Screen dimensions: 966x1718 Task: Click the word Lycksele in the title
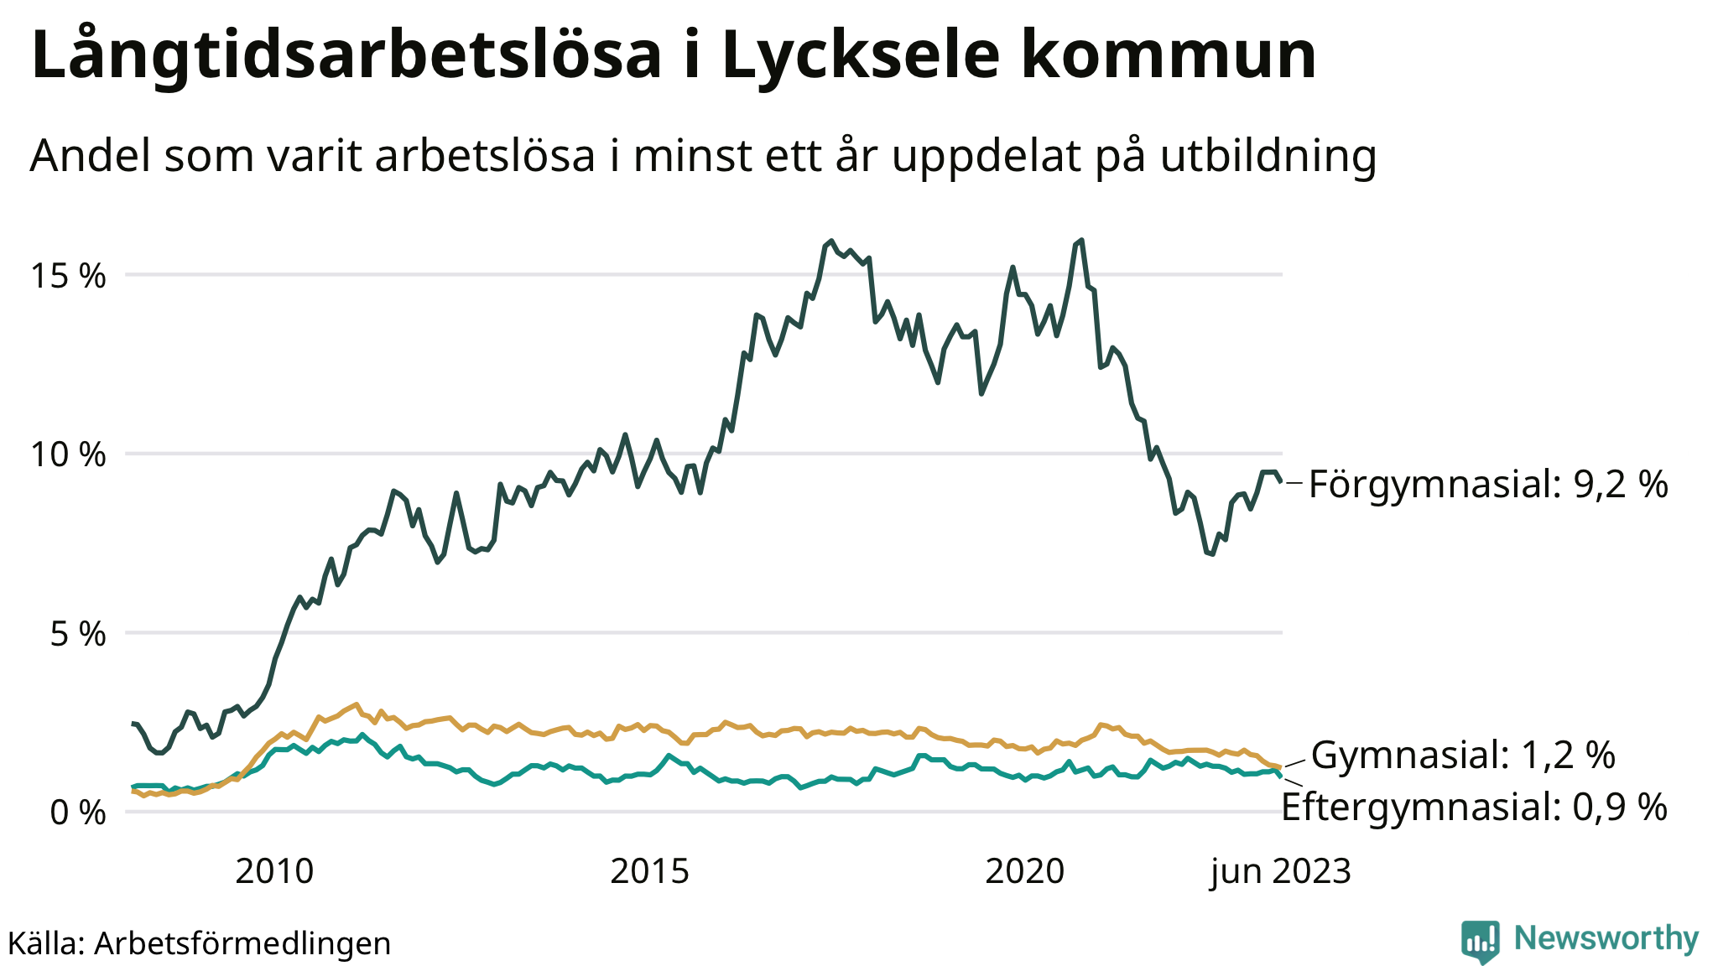pyautogui.click(x=860, y=55)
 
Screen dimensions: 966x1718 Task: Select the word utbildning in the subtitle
pyautogui.click(x=1268, y=156)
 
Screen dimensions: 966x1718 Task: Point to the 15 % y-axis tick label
pyautogui.click(x=69, y=276)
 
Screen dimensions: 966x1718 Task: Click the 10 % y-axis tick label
pyautogui.click(x=69, y=455)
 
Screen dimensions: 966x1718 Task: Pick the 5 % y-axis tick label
pyautogui.click(x=78, y=634)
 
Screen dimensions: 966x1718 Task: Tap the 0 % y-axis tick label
pyautogui.click(x=78, y=813)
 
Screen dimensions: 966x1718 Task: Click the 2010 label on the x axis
pyautogui.click(x=274, y=872)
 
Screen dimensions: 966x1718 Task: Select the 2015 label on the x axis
pyautogui.click(x=649, y=872)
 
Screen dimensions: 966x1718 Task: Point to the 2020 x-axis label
pyautogui.click(x=1024, y=872)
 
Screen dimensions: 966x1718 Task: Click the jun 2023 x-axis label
pyautogui.click(x=1280, y=872)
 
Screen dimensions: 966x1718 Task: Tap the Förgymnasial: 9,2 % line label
pyautogui.click(x=1488, y=485)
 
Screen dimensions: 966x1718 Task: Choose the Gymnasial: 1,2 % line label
pyautogui.click(x=1463, y=756)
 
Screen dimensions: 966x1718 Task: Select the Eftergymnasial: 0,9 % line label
pyautogui.click(x=1474, y=808)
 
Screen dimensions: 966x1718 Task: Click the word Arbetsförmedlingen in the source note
pyautogui.click(x=242, y=943)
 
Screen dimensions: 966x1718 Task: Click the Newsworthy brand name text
pyautogui.click(x=1606, y=938)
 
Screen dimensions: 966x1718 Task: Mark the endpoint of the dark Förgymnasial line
pyautogui.click(x=1281, y=481)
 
